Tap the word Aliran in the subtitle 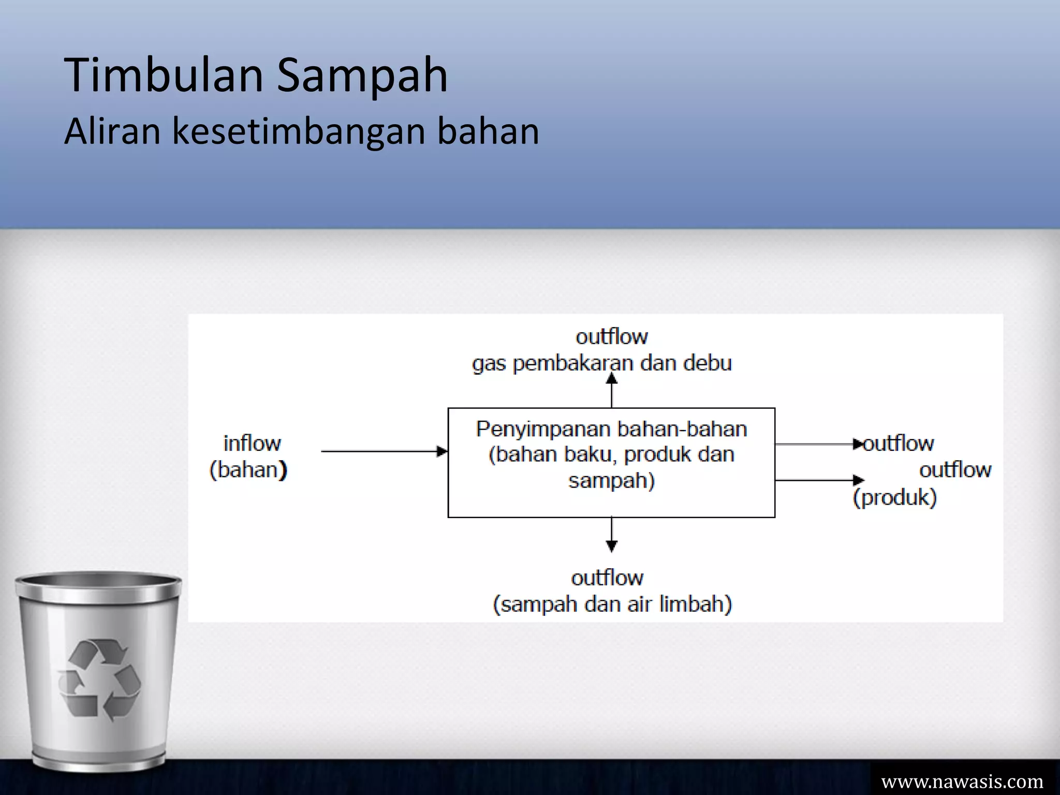click(x=112, y=131)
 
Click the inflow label click(x=252, y=444)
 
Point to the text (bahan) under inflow click(x=248, y=470)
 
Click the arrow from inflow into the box click(x=384, y=451)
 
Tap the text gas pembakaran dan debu click(x=602, y=363)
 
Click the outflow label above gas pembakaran click(x=611, y=337)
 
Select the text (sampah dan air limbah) click(x=612, y=604)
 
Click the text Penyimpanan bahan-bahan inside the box click(x=611, y=429)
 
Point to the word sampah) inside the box click(x=611, y=481)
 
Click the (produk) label click(x=894, y=497)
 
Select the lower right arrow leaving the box click(x=818, y=480)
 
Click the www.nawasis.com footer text click(x=962, y=781)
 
